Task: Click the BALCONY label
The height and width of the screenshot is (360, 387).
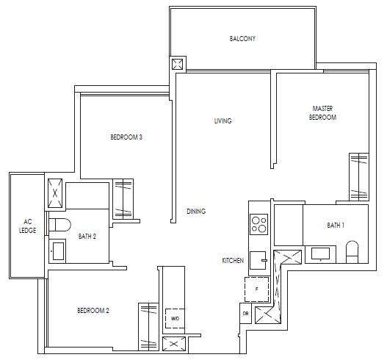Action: (242, 38)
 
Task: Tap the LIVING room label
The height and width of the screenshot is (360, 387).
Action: (223, 120)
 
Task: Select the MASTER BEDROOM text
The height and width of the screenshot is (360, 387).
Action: (322, 112)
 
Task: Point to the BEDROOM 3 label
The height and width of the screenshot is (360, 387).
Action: (126, 137)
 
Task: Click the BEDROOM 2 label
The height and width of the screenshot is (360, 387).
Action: (93, 310)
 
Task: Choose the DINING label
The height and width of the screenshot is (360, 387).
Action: (196, 211)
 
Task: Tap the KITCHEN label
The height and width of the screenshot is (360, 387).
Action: (233, 260)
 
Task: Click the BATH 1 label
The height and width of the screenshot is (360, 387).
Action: (336, 226)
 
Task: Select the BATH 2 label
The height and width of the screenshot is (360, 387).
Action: (87, 237)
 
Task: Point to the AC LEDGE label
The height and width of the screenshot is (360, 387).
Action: (28, 226)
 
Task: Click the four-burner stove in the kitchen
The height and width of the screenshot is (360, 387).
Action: (259, 224)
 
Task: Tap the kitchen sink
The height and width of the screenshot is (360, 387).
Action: (258, 260)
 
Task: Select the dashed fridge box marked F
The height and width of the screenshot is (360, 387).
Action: (257, 289)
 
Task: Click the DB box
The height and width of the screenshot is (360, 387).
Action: (245, 313)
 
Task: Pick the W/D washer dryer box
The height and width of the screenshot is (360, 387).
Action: (175, 319)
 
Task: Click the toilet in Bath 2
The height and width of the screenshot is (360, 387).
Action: (59, 225)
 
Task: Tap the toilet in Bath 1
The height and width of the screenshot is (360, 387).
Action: (352, 251)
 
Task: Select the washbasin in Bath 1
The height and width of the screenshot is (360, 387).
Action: (320, 254)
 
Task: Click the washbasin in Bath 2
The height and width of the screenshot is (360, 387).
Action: (57, 251)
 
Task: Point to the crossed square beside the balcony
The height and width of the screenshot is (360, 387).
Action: (178, 64)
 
